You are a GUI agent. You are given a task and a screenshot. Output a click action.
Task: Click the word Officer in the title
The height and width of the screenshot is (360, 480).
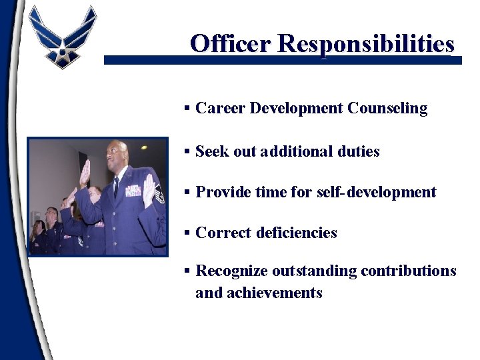click(x=231, y=43)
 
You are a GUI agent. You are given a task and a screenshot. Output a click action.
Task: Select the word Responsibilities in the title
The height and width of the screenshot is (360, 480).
click(x=366, y=43)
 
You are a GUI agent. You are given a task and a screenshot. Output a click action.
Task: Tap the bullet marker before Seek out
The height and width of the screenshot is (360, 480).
click(x=188, y=151)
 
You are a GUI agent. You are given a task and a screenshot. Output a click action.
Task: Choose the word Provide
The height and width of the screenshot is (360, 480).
click(x=224, y=193)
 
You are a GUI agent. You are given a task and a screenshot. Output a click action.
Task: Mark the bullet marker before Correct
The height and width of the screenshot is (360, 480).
click(x=188, y=233)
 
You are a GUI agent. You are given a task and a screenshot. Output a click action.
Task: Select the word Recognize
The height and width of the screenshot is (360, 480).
click(x=231, y=271)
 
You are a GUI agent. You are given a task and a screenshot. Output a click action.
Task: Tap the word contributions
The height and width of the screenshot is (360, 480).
click(x=408, y=271)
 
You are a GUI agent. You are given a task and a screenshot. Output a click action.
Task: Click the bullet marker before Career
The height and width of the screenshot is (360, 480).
click(x=188, y=108)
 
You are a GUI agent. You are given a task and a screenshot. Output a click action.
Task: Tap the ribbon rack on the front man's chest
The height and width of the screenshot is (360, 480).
click(x=133, y=190)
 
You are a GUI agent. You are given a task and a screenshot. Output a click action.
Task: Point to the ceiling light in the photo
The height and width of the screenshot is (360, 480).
click(x=144, y=147)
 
